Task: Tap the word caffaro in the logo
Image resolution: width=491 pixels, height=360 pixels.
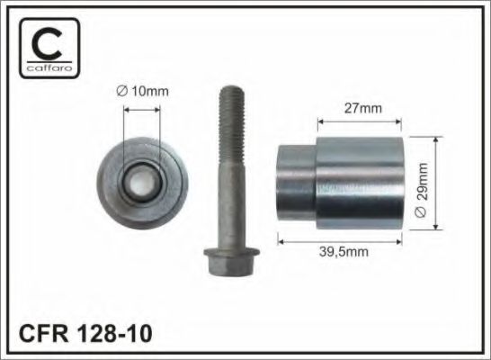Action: coord(49,67)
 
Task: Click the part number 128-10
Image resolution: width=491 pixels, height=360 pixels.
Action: coord(114,333)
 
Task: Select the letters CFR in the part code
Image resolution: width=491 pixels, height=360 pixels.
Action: coord(43,333)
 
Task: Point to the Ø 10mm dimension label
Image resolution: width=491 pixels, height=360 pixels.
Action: coord(142,91)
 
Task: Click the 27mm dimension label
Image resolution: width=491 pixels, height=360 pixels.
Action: coord(363,108)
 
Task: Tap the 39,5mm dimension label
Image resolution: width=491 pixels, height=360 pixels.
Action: coord(344,252)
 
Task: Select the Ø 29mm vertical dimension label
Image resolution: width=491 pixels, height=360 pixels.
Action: coord(421,190)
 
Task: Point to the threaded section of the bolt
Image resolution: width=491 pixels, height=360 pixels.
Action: coord(232,125)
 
